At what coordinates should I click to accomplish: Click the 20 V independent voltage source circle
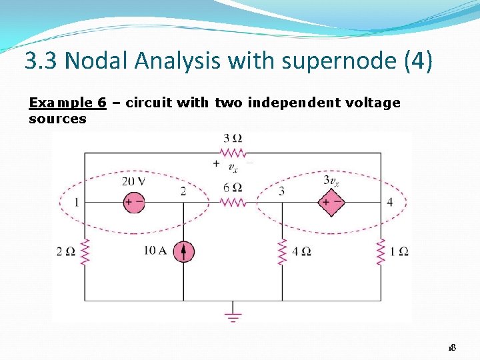134,202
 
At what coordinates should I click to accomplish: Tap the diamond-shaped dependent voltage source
330,202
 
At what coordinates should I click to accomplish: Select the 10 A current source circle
183,251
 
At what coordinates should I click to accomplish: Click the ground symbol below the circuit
233,314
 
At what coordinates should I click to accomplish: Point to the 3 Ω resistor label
233,139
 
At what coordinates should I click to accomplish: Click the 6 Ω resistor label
233,187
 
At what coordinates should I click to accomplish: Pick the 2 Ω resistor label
66,251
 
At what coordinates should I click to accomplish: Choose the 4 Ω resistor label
301,251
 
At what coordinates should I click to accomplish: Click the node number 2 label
183,191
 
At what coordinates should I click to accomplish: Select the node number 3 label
281,191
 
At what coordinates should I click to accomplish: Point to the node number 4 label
389,202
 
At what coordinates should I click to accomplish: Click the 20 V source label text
133,181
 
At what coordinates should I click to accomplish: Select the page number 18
451,348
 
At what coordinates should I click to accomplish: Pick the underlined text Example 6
67,103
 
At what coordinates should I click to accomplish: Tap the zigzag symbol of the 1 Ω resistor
381,252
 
